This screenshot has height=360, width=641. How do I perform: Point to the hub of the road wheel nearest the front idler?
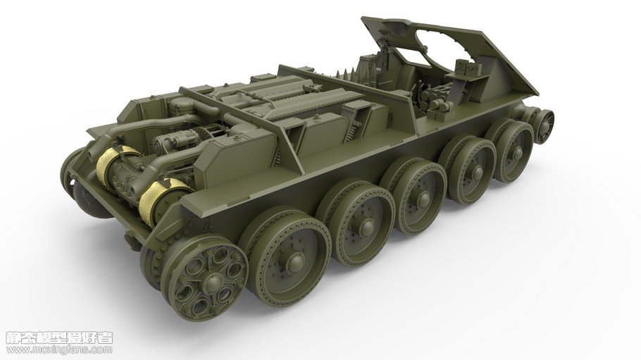517,154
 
